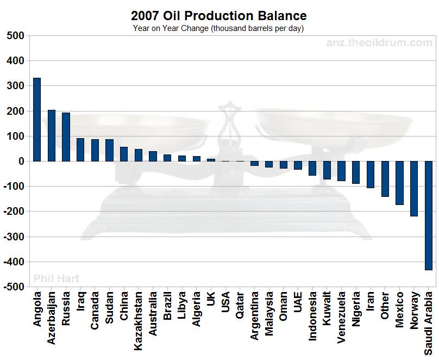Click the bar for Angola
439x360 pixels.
point(37,120)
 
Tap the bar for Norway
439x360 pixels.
point(414,188)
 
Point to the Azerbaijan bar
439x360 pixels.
point(52,135)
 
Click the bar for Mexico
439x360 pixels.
point(399,183)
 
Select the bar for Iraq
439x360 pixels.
point(80,150)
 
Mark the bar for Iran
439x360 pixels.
point(371,175)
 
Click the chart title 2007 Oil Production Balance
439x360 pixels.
point(219,16)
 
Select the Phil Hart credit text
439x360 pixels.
point(57,278)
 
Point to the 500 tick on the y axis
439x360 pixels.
point(15,36)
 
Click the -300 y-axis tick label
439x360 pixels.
point(13,237)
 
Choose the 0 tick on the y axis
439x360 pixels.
point(21,162)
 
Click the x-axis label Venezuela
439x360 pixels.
point(341,318)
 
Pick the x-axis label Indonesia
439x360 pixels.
point(312,316)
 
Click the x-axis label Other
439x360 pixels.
point(385,306)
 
